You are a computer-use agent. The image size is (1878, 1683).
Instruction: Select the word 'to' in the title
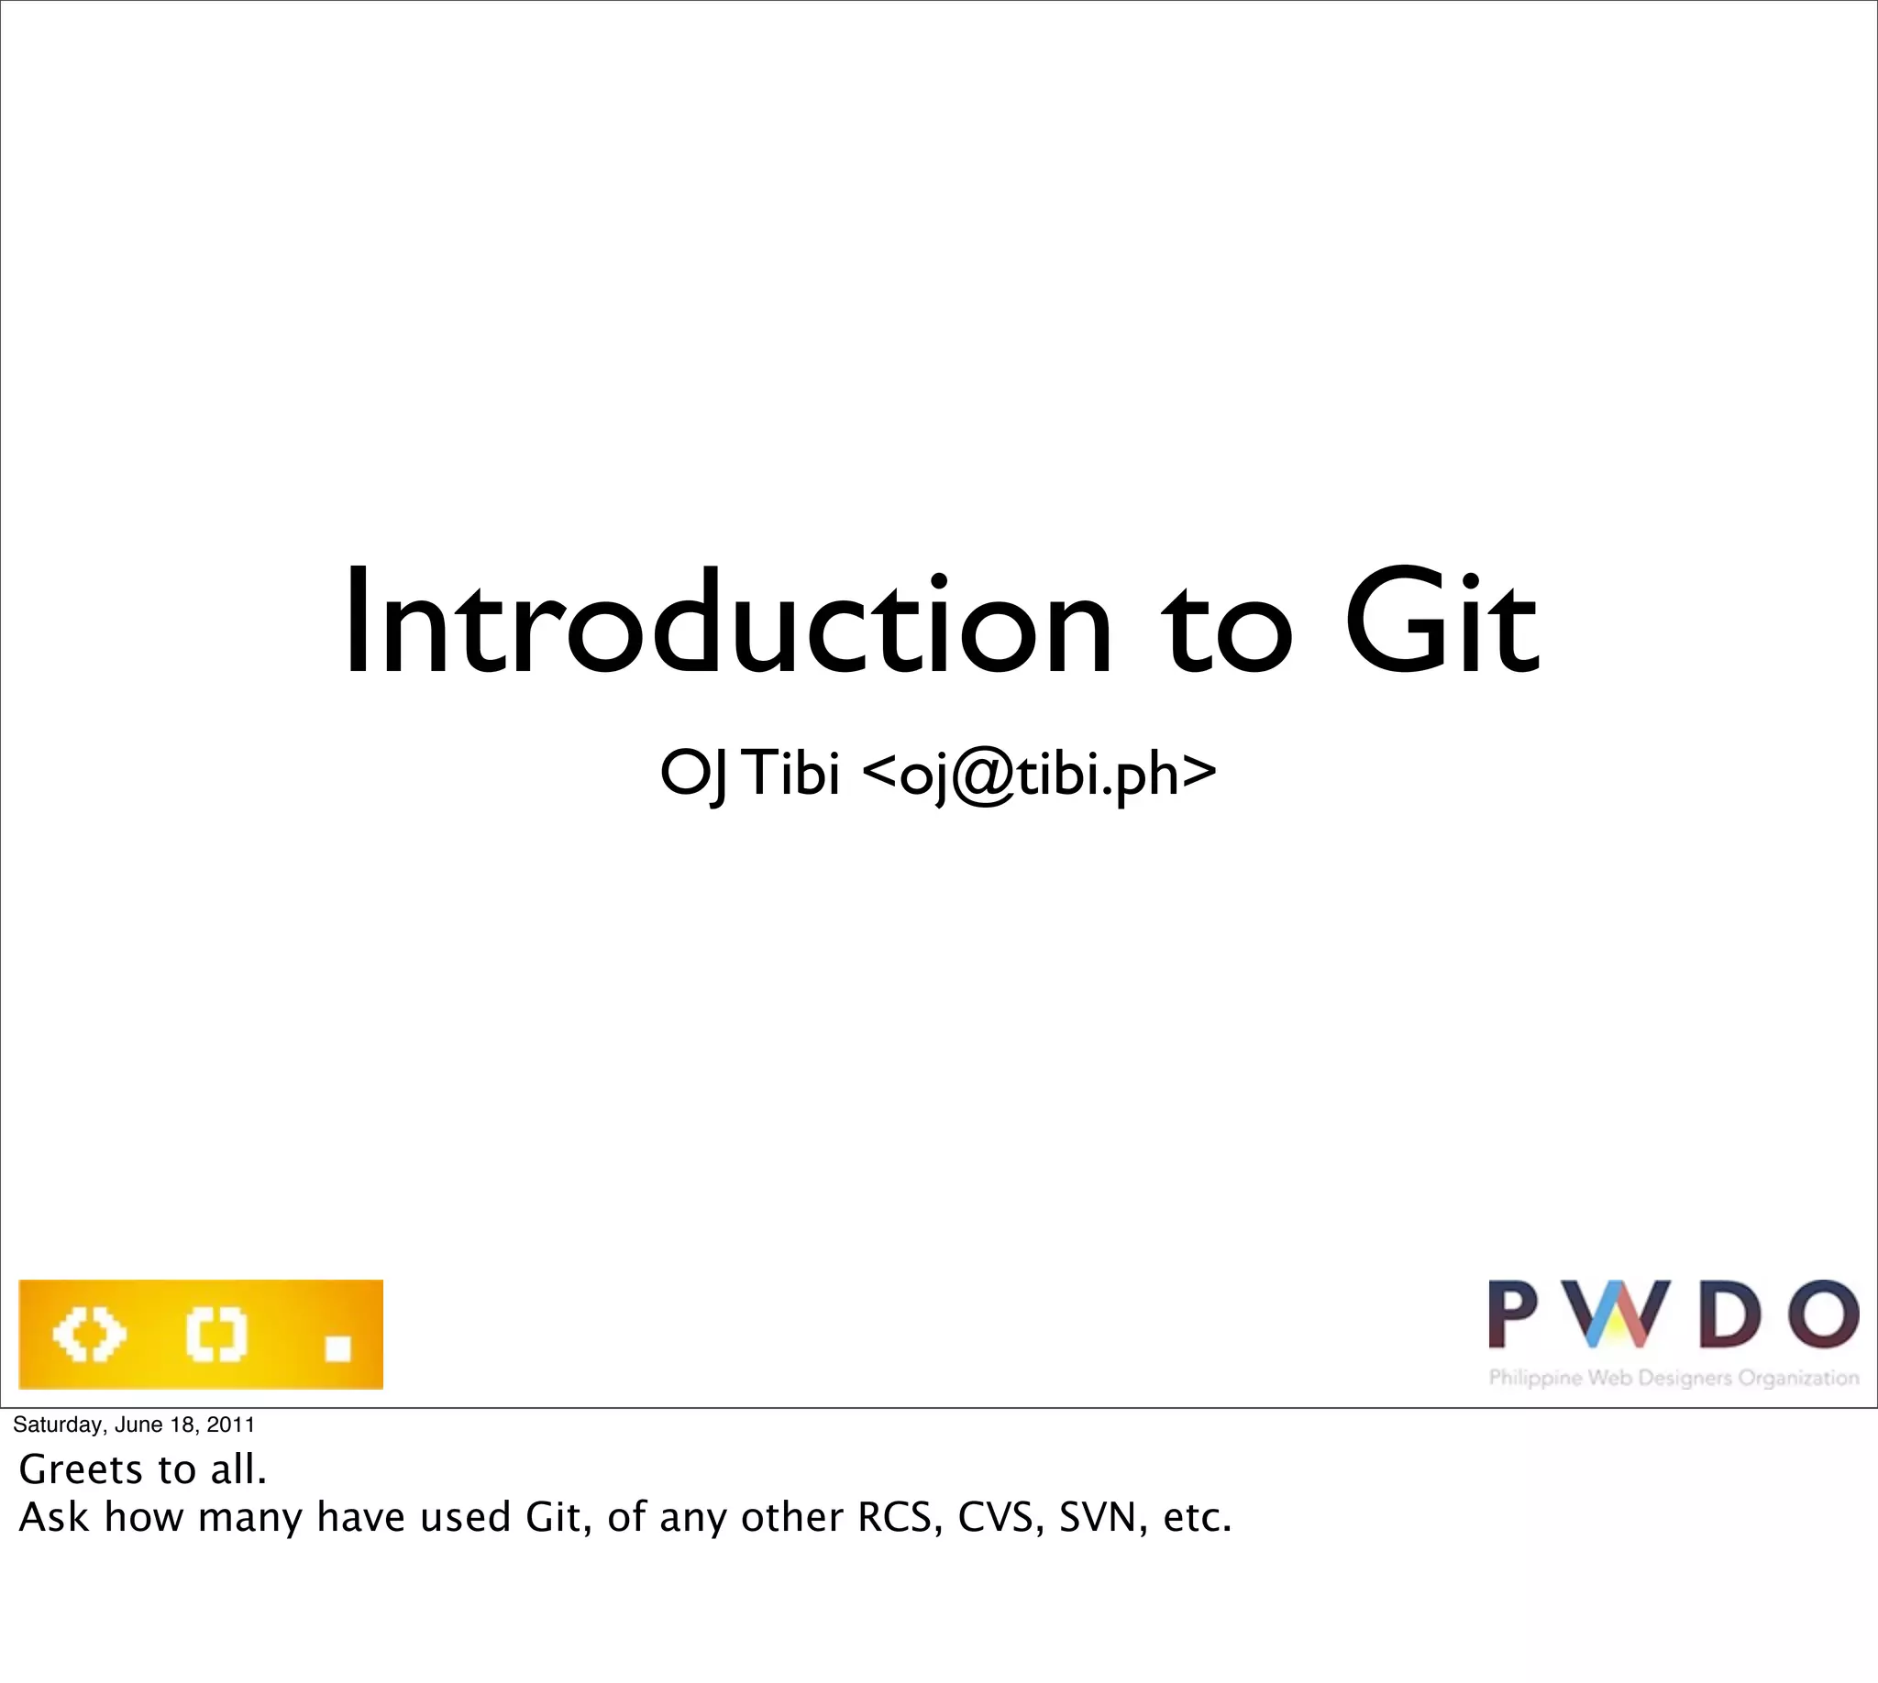(1226, 629)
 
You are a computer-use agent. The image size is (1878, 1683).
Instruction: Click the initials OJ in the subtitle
(693, 774)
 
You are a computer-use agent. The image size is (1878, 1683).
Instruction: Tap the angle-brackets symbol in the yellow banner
(89, 1335)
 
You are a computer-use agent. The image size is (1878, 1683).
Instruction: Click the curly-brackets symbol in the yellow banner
(217, 1335)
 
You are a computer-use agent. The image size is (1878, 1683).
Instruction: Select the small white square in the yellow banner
(337, 1348)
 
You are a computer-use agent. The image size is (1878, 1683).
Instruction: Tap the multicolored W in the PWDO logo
(1610, 1314)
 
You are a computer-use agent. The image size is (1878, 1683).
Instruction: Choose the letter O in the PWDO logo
(1822, 1314)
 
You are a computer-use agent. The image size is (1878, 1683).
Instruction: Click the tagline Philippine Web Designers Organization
(1674, 1378)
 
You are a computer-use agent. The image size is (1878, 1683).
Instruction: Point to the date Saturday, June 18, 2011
(133, 1424)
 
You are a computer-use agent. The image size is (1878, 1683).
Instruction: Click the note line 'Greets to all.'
(142, 1469)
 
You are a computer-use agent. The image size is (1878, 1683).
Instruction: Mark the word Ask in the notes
(54, 1516)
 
